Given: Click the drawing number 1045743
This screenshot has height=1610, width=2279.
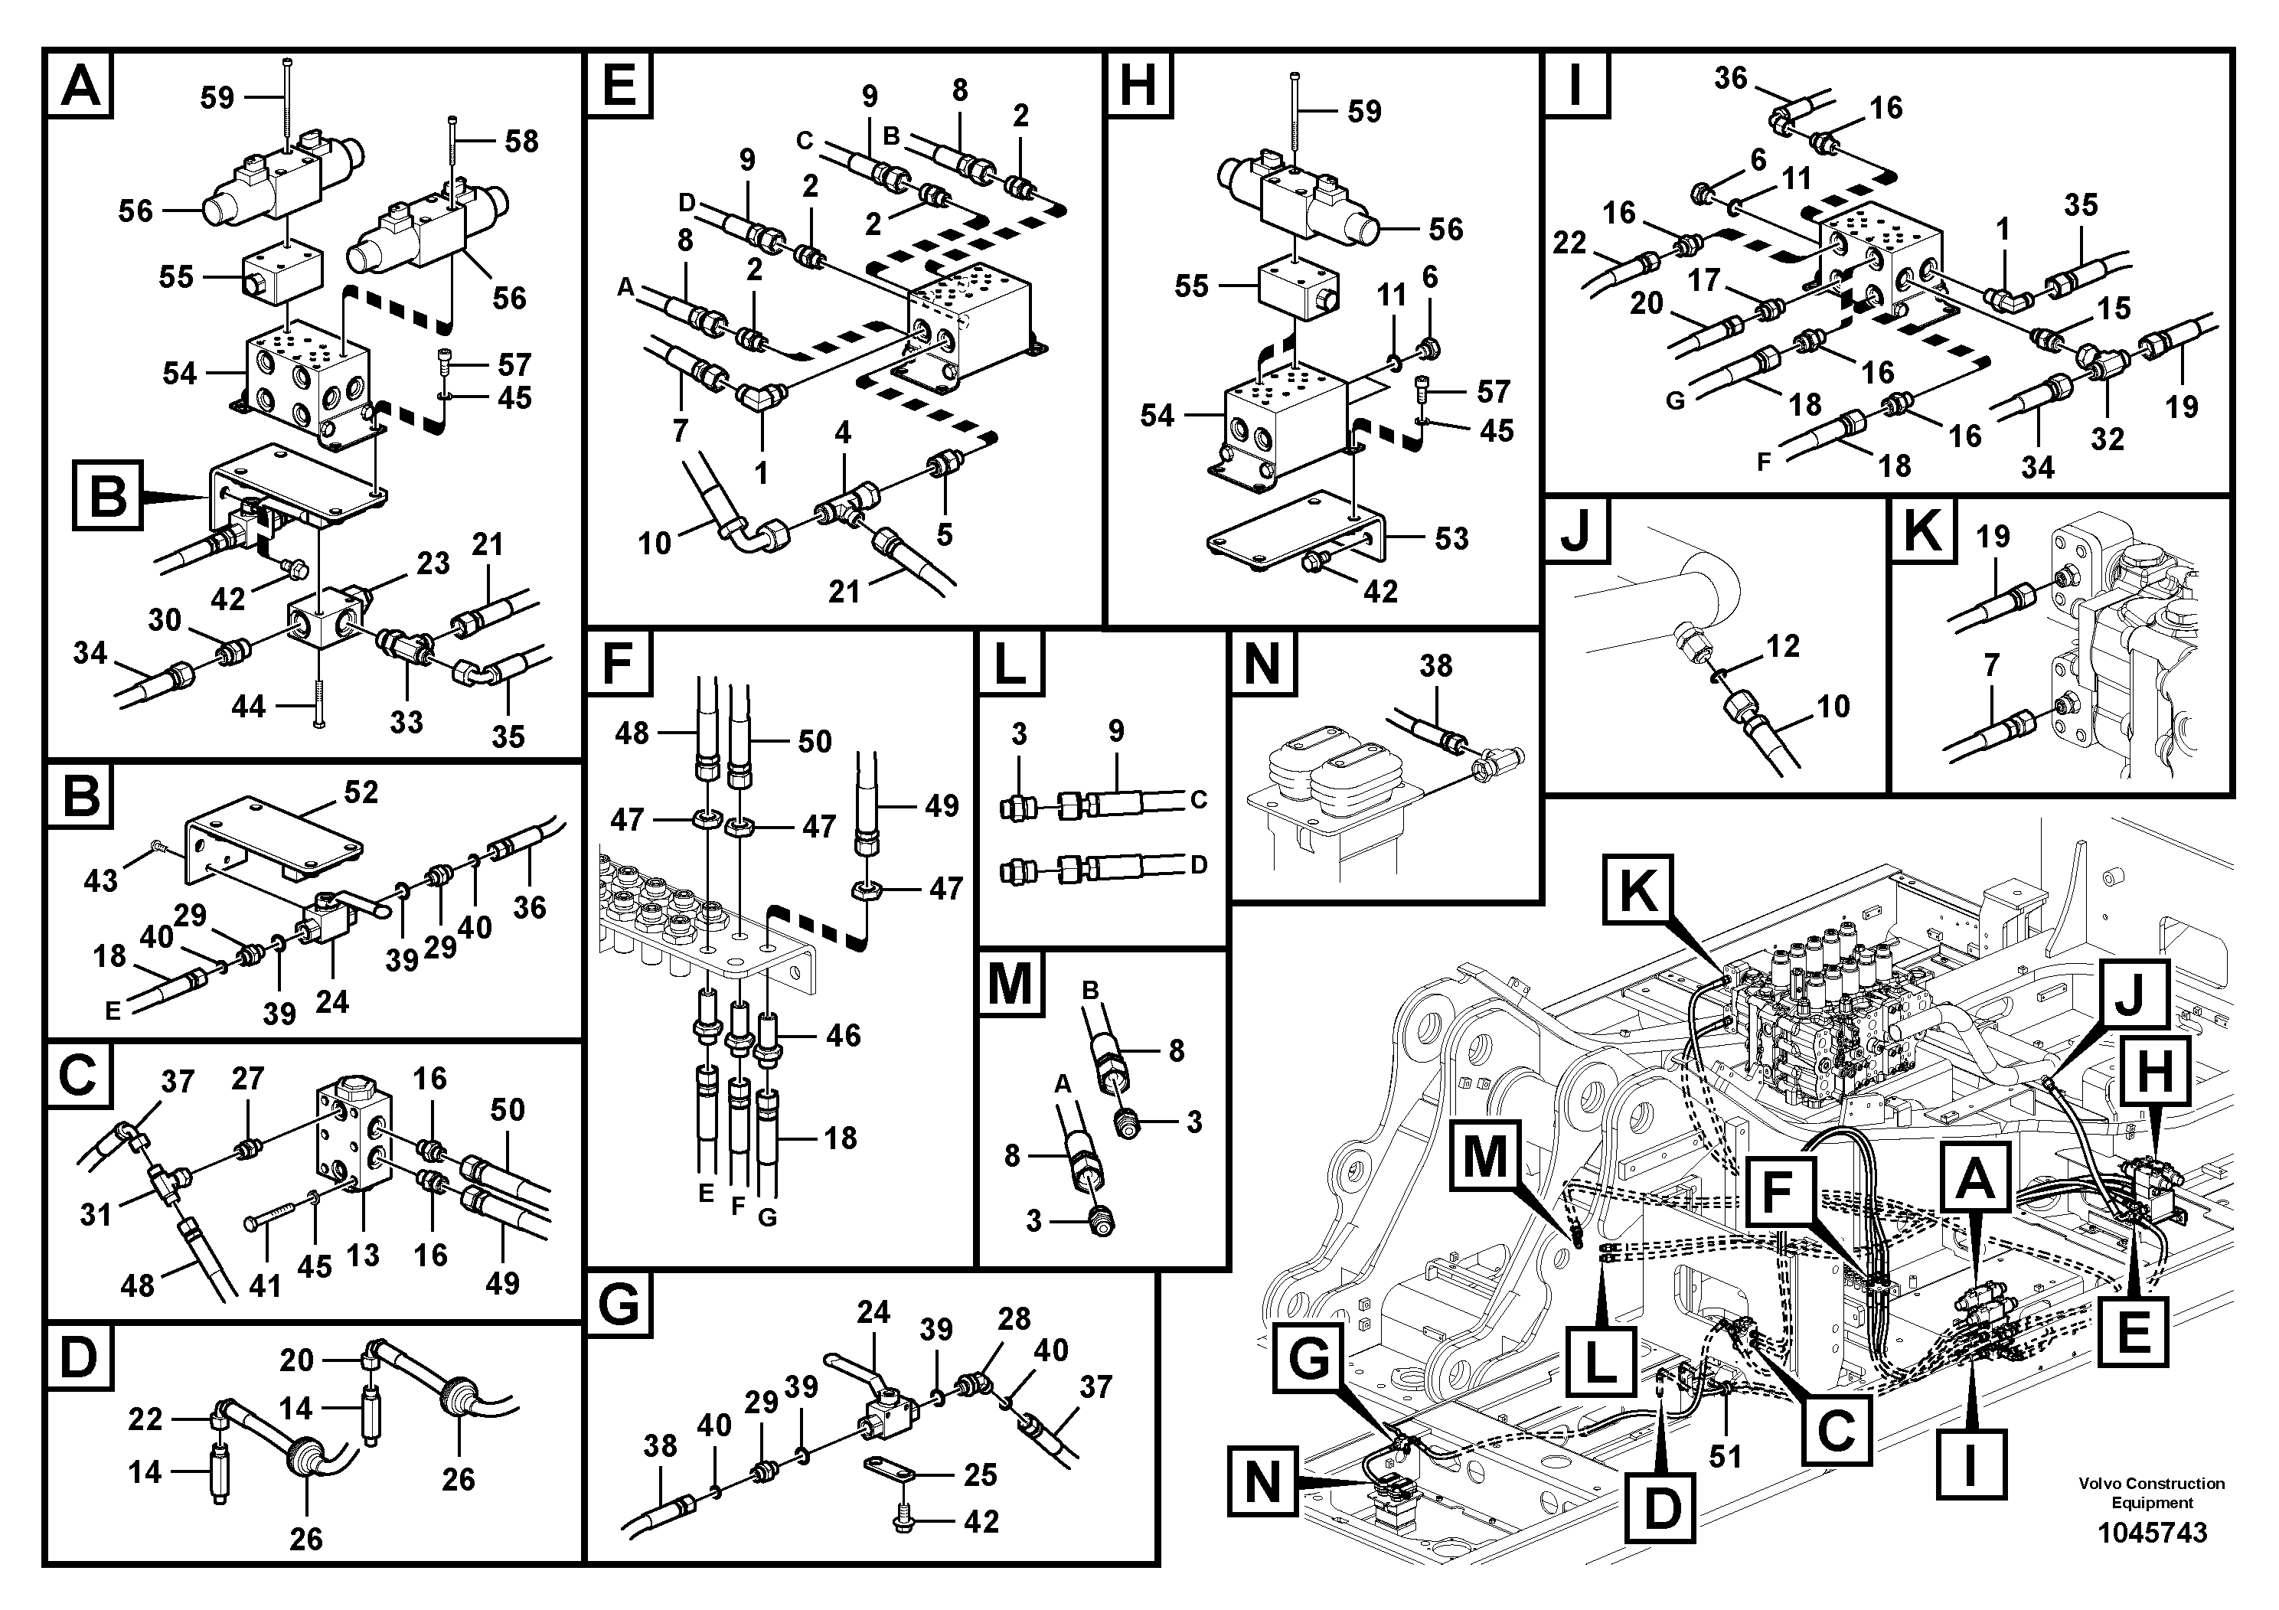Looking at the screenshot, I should coord(2151,1533).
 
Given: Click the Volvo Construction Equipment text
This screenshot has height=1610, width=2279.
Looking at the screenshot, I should coord(2151,1493).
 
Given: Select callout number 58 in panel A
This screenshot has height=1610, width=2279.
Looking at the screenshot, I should coord(521,141).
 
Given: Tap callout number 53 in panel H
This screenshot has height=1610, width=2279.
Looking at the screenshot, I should coord(1451,539).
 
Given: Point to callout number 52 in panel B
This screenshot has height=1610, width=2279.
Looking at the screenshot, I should coord(361,792).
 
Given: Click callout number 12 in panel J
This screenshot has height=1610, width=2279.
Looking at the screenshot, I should coord(1781,646).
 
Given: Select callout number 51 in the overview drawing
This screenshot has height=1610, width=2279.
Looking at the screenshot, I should coord(1725,1455).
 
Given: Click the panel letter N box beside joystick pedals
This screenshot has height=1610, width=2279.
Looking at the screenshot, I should coord(1262,663).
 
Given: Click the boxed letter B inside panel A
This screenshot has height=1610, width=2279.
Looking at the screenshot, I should coord(107,495).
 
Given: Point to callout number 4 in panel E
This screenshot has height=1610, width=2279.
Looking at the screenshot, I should coord(843,433).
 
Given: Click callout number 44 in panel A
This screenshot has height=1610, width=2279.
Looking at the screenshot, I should coord(248,706).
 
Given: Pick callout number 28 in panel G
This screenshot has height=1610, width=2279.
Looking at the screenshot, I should coord(1014,1318).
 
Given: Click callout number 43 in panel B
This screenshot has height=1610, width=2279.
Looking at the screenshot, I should coord(100,880).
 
